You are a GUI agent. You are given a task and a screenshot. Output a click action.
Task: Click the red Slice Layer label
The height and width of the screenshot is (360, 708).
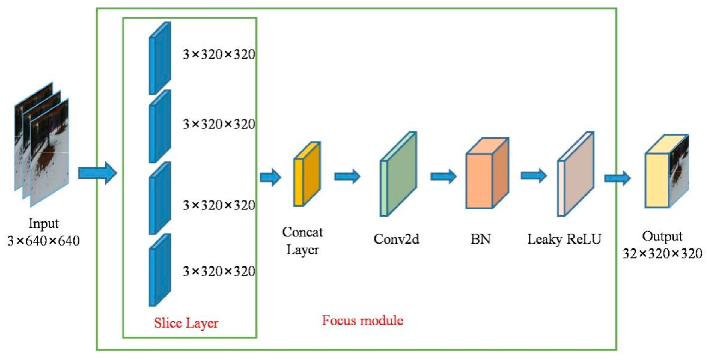point(186,323)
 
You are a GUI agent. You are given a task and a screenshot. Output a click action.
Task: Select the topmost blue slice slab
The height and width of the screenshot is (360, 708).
point(160,58)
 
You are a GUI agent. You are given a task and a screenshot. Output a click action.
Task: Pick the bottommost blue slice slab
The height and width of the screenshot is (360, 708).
point(160,270)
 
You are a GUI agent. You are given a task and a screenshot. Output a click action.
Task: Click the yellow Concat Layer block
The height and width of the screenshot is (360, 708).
point(307,174)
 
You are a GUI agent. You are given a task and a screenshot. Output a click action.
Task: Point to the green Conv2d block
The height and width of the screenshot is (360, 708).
point(398,174)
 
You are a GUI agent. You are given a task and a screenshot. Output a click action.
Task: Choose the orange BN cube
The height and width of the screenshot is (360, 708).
point(487,173)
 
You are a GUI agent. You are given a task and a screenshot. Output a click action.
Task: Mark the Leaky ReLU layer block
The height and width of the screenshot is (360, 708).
point(576,174)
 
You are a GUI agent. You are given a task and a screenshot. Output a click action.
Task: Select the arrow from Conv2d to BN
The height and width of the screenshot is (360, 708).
point(443,176)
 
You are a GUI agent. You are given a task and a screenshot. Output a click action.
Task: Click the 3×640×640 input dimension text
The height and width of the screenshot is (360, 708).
point(43,241)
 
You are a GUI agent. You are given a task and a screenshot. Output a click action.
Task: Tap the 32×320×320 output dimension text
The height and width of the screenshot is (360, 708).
point(662,253)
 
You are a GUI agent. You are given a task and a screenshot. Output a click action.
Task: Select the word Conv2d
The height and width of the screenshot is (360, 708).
point(396,239)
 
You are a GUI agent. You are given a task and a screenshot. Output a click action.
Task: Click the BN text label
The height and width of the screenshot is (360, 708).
point(480,239)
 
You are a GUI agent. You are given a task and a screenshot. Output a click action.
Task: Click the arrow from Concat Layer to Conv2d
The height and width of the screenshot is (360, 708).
point(347,176)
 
